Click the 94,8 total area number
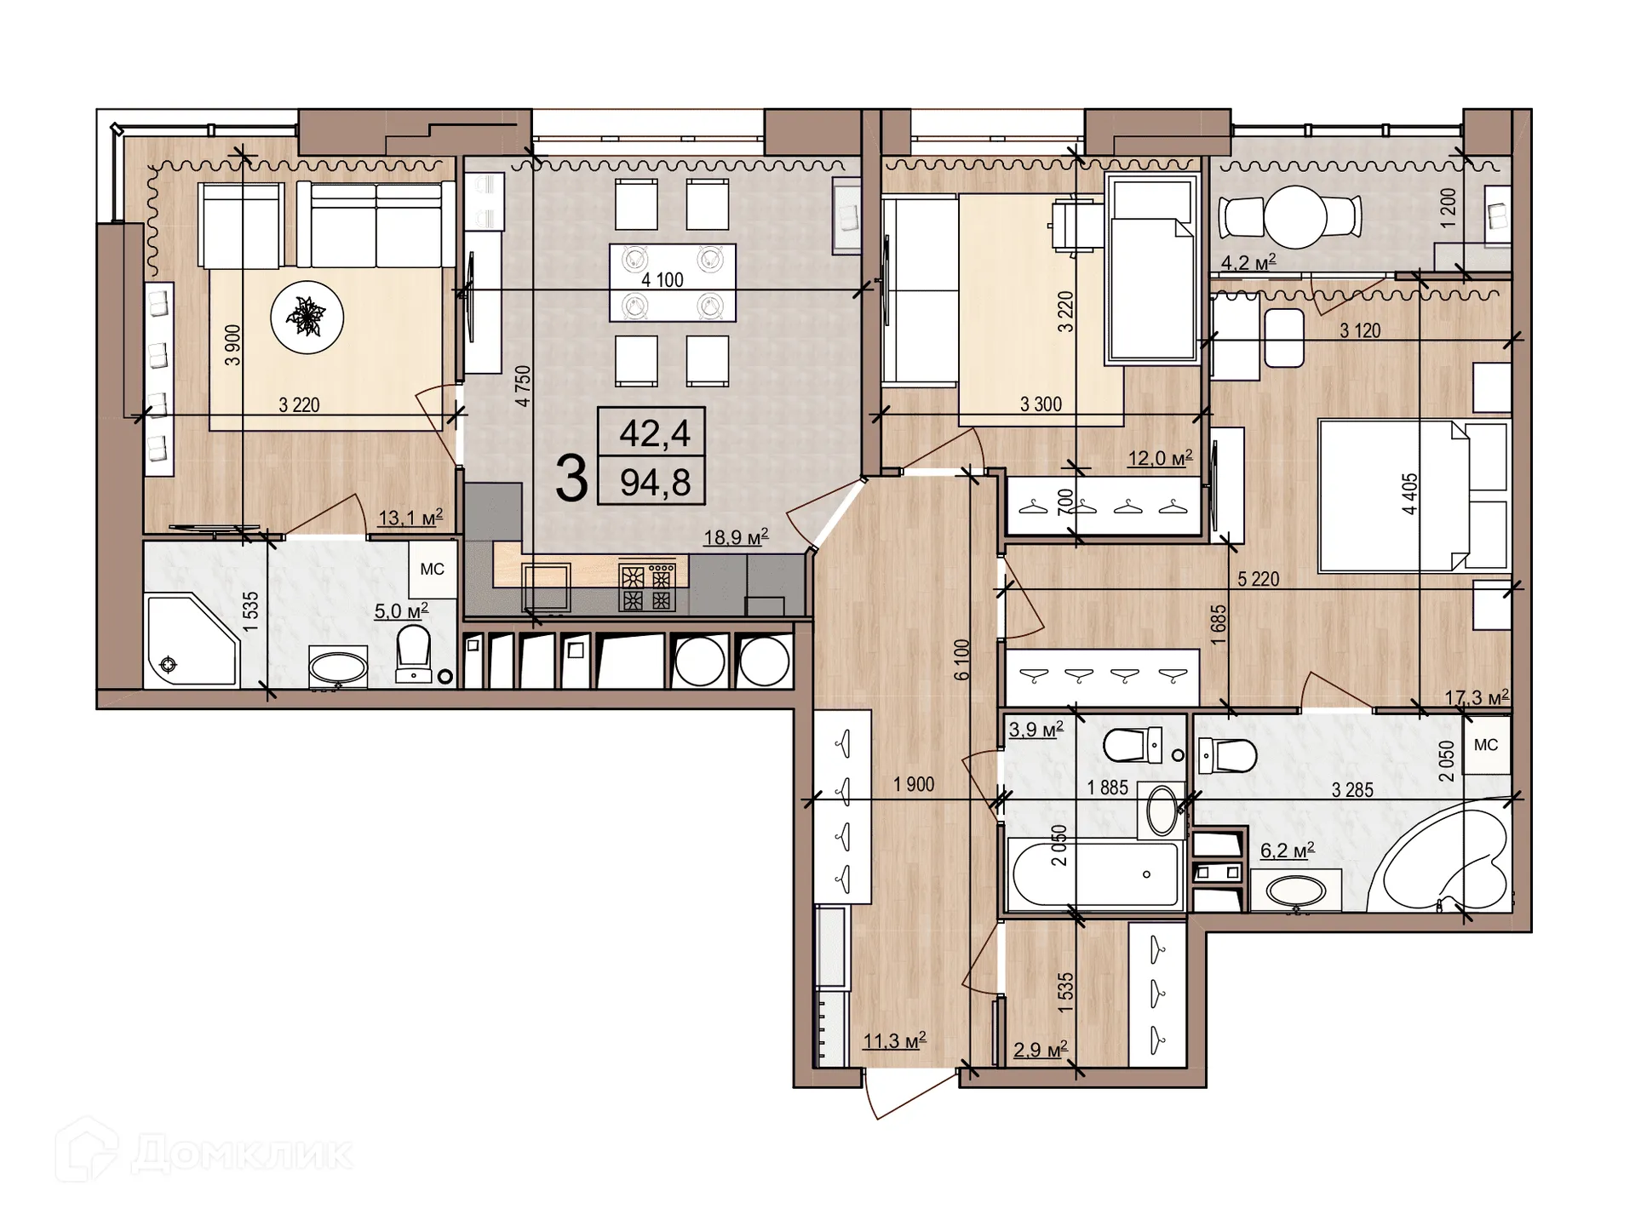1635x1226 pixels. click(x=654, y=483)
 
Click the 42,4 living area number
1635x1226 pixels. click(x=654, y=433)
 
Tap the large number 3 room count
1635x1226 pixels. click(x=571, y=478)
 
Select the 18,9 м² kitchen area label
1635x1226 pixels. click(x=736, y=537)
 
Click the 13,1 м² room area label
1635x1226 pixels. click(x=410, y=517)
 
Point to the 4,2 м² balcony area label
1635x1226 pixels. click(x=1248, y=262)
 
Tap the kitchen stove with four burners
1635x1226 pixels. click(x=646, y=587)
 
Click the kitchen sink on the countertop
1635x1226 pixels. click(x=546, y=586)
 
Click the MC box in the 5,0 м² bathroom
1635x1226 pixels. click(x=432, y=569)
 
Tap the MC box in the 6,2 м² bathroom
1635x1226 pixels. click(x=1486, y=745)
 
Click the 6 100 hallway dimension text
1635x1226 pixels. click(x=962, y=659)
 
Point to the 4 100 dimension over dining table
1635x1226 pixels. click(x=663, y=279)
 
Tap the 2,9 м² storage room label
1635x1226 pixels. click(x=1040, y=1050)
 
